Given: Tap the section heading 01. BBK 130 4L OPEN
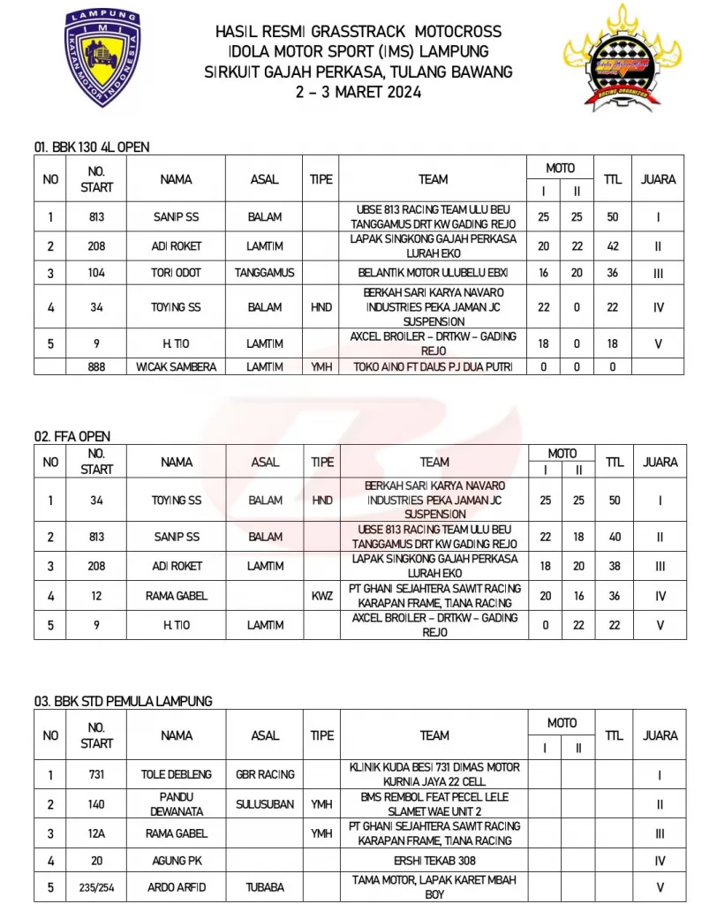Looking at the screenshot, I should pyautogui.click(x=97, y=147).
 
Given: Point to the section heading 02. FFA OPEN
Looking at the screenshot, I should pyautogui.click(x=72, y=436).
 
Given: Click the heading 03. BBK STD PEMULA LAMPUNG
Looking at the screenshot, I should pyautogui.click(x=124, y=701).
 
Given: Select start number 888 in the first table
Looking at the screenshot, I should pyautogui.click(x=97, y=367).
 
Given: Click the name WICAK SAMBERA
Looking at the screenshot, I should pyautogui.click(x=177, y=367).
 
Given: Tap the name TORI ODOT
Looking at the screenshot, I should pyautogui.click(x=177, y=274).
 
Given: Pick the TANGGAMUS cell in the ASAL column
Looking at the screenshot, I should pyautogui.click(x=264, y=274).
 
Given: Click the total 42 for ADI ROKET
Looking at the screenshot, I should pyautogui.click(x=613, y=247).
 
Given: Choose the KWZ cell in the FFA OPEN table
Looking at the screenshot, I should pyautogui.click(x=322, y=596).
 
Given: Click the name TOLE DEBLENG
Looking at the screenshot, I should pyautogui.click(x=177, y=774).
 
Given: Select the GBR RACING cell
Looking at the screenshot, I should pyautogui.click(x=265, y=774).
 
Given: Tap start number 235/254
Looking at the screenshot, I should pyautogui.click(x=97, y=886).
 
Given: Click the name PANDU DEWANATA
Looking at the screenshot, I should pyautogui.click(x=177, y=804).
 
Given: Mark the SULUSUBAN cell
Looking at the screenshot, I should pyautogui.click(x=265, y=804).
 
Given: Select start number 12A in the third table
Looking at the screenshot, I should pyautogui.click(x=97, y=833).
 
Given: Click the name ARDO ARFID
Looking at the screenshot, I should pyautogui.click(x=177, y=886).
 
